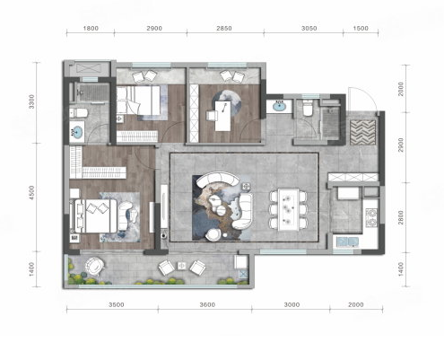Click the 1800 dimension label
pyautogui.click(x=91, y=29)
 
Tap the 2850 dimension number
pyautogui.click(x=224, y=29)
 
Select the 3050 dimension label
pyautogui.click(x=309, y=29)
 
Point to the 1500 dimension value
pyautogui.click(x=361, y=29)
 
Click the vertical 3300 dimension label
pyautogui.click(x=31, y=101)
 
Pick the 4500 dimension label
pyautogui.click(x=31, y=193)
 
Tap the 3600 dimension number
pyautogui.click(x=207, y=304)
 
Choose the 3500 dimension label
pyautogui.click(x=117, y=304)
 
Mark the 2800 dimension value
pyautogui.click(x=401, y=217)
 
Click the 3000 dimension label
pyautogui.click(x=292, y=304)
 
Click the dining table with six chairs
pyautogui.click(x=288, y=209)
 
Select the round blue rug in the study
pyautogui.click(x=226, y=103)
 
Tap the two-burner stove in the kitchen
pyautogui.click(x=371, y=217)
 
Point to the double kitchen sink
pyautogui.click(x=347, y=241)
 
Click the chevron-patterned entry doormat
pyautogui.click(x=363, y=132)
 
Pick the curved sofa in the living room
pyautogui.click(x=219, y=179)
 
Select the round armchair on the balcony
pyautogui.click(x=94, y=266)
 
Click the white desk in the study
pyautogui.click(x=223, y=116)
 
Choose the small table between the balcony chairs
pyautogui.click(x=181, y=266)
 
